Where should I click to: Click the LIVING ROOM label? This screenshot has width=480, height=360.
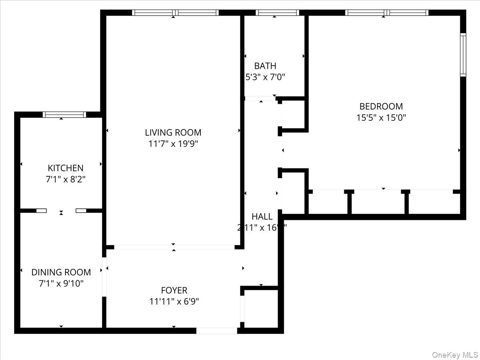173,132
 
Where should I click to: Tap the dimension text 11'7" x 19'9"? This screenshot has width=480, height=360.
173,144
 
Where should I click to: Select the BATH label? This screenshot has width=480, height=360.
265,66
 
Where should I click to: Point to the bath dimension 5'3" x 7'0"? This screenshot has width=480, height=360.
265,77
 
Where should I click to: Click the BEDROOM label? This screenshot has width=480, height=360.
381,106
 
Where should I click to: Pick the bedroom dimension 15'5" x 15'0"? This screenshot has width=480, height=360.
381,118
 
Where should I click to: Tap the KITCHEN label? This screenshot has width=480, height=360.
65,168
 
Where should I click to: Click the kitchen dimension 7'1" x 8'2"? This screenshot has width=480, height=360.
65,179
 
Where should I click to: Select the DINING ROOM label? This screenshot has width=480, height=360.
61,272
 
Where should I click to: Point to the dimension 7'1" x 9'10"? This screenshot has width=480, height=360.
61,283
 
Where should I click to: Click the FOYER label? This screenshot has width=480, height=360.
174,290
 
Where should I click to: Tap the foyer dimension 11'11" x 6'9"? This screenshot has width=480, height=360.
174,302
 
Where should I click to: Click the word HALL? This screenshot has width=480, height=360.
262,217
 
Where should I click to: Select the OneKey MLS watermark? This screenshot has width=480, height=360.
456,355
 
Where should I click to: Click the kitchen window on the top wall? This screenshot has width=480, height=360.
64,115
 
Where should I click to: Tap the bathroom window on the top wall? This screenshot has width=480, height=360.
277,13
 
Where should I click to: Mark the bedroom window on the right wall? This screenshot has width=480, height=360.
463,55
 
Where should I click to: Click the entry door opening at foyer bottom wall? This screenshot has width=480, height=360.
216,330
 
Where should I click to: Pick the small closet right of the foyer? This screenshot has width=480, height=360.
261,308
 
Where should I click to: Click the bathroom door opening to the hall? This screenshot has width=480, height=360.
260,98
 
